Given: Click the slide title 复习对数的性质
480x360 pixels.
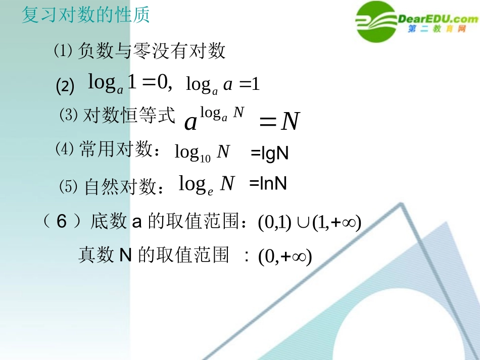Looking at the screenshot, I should tap(86, 15).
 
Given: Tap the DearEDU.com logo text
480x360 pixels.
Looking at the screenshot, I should tap(438, 19).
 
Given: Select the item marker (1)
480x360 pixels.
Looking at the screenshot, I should tap(64, 51).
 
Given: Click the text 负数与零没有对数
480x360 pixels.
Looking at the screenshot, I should tap(152, 52).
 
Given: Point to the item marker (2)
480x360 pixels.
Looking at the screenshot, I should tap(65, 86).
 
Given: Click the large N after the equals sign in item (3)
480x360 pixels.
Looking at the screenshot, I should tap(290, 122).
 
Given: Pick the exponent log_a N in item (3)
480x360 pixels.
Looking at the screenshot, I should tap(222, 113).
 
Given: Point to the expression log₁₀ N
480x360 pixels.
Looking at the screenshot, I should tap(202, 152).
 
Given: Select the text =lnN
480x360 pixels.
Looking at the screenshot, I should tap(268, 184).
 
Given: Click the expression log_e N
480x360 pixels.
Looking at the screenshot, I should tap(207, 184).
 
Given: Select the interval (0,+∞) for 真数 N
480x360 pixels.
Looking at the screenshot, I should tap(285, 257).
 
